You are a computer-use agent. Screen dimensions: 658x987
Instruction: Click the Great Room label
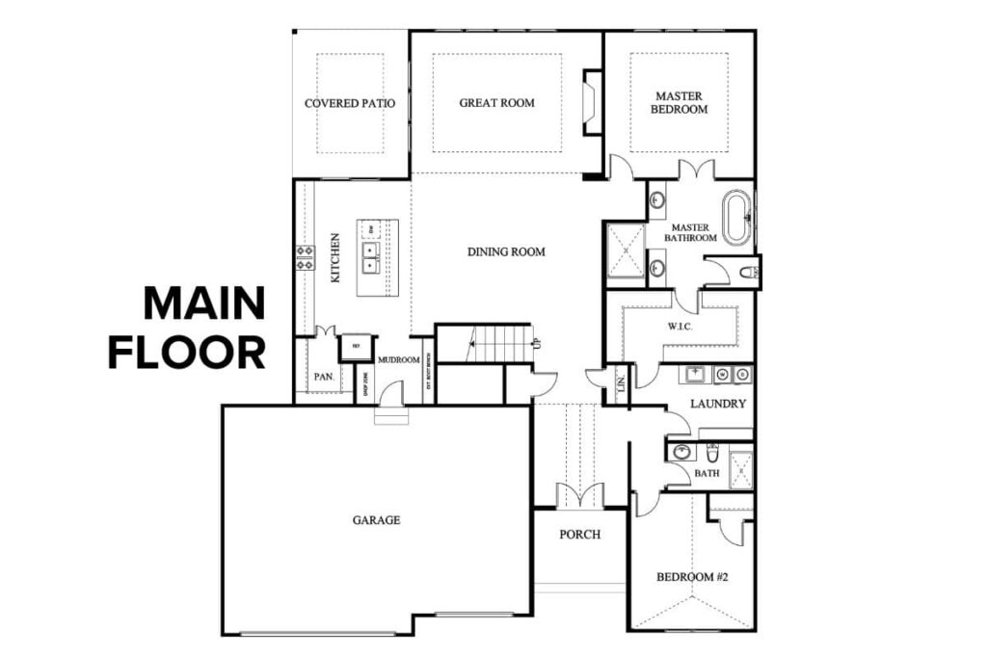click(x=496, y=103)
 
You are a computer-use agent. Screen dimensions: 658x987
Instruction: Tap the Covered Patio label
click(x=350, y=103)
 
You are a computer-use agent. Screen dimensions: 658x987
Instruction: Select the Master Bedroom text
click(x=680, y=103)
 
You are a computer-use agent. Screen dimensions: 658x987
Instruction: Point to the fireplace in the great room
click(x=591, y=102)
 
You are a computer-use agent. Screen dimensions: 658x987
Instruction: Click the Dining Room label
click(x=506, y=252)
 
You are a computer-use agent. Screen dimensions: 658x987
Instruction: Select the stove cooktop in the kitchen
click(x=305, y=256)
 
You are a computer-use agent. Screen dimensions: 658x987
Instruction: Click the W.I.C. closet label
click(x=680, y=327)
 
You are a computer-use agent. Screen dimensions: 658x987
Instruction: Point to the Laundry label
click(x=718, y=405)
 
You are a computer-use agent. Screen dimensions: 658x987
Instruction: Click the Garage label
click(x=376, y=520)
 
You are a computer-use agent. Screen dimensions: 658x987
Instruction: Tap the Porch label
click(x=580, y=535)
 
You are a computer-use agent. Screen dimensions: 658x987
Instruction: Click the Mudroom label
click(x=396, y=359)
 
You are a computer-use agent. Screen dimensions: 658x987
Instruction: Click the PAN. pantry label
click(x=323, y=377)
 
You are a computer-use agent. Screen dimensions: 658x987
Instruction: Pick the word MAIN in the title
click(x=203, y=304)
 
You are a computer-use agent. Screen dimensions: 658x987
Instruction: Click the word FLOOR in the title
click(x=186, y=353)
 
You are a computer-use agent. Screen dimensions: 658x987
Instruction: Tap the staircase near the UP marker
click(x=496, y=343)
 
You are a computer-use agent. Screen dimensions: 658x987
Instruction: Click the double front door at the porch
click(x=579, y=496)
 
